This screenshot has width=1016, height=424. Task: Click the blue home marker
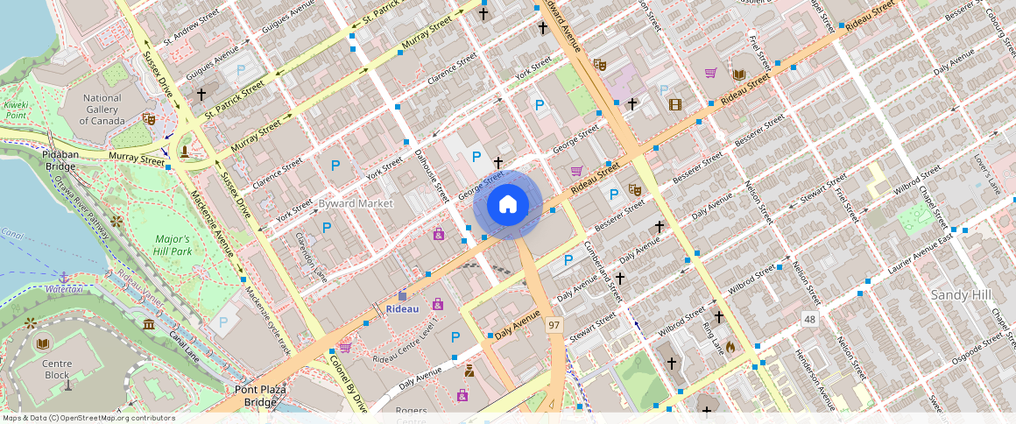[507, 205]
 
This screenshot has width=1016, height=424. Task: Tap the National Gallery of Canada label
[102, 110]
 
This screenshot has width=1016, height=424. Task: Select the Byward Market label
[356, 203]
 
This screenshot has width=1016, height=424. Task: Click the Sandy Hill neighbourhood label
[961, 295]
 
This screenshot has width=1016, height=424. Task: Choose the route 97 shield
[554, 325]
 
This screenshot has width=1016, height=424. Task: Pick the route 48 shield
[809, 319]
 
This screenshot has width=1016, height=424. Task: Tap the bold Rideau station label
[403, 308]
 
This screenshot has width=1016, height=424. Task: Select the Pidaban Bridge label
[61, 159]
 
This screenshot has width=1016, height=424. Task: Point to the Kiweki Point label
[17, 110]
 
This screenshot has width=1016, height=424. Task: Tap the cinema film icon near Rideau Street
[674, 104]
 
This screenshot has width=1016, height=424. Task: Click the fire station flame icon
[730, 345]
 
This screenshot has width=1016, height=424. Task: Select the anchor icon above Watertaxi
[63, 277]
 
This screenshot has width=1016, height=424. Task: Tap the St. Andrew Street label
[190, 26]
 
